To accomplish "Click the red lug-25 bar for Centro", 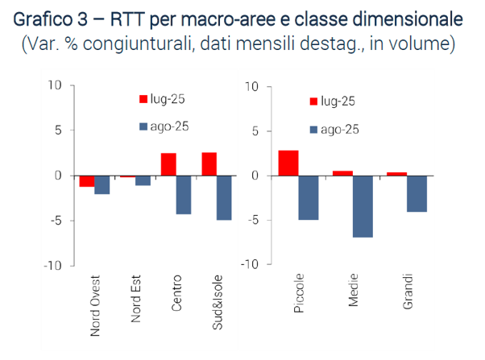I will tap(168, 164).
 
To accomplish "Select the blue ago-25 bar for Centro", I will tap(184, 194).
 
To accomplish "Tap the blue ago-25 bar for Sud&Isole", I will tap(224, 197).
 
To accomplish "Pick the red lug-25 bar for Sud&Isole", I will tap(209, 163).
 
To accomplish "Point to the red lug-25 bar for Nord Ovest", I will tap(87, 180).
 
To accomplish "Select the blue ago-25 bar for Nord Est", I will tap(143, 180).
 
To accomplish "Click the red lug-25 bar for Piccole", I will tap(288, 163).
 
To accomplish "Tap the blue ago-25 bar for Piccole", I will tap(309, 197).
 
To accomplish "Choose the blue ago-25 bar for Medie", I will tap(363, 206).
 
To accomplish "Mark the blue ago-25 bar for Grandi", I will tap(417, 193).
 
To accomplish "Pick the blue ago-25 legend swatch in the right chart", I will tap(313, 129).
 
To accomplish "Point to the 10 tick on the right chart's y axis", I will tap(251, 85).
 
